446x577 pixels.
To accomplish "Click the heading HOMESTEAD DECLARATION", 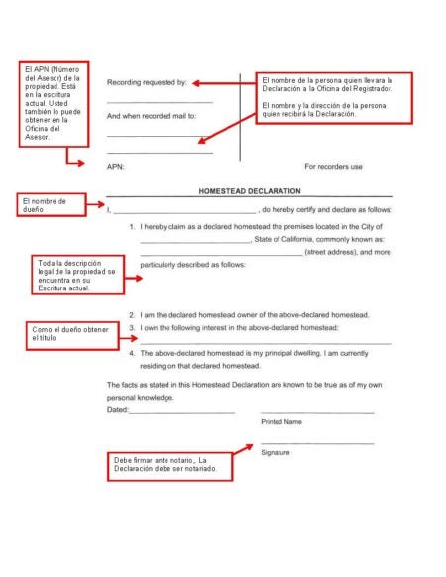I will point(250,191).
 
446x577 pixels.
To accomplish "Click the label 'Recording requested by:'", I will point(147,83).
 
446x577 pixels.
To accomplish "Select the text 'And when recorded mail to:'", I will point(152,116).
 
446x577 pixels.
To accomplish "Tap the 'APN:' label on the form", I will point(116,167).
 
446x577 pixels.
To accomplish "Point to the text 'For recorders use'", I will point(334,167).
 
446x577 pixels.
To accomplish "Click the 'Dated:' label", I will point(117,409).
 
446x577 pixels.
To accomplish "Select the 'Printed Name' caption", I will point(281,422).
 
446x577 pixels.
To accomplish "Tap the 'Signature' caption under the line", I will point(276,452).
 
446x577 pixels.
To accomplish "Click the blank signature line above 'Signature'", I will point(317,442).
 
